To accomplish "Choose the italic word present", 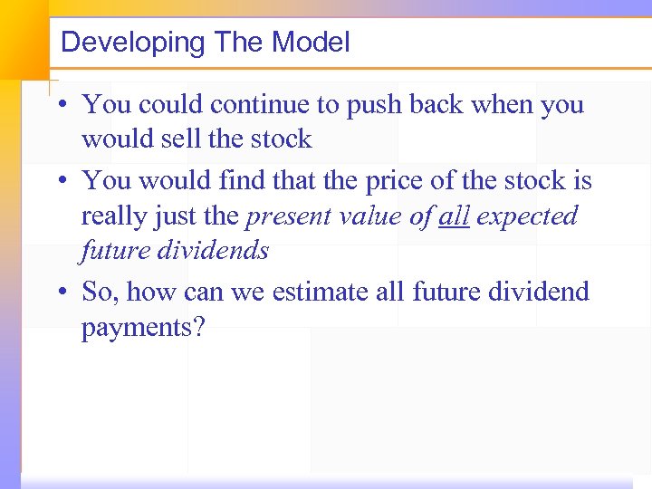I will coord(292,217).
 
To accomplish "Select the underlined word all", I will coord(454,216).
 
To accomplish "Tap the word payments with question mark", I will coord(144,328).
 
